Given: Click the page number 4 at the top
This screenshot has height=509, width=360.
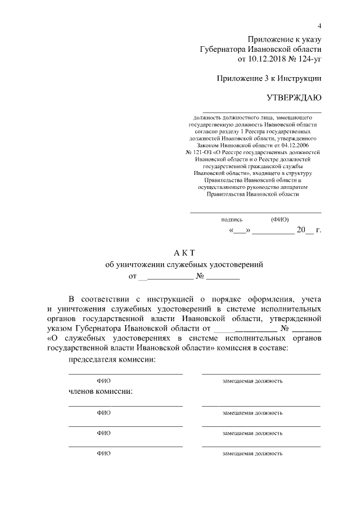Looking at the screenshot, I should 319,26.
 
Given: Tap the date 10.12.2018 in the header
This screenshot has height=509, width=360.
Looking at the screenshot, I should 265,58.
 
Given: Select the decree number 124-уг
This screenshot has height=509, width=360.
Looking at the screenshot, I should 307,58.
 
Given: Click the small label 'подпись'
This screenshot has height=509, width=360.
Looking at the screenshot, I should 232,219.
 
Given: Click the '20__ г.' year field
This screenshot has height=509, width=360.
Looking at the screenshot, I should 309,230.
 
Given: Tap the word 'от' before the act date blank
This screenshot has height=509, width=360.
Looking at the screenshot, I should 133,276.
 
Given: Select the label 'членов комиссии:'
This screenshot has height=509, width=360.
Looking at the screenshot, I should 101,391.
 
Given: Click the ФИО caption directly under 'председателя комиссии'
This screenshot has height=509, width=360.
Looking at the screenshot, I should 103,381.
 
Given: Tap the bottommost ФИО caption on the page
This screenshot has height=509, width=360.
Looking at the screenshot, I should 103,453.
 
